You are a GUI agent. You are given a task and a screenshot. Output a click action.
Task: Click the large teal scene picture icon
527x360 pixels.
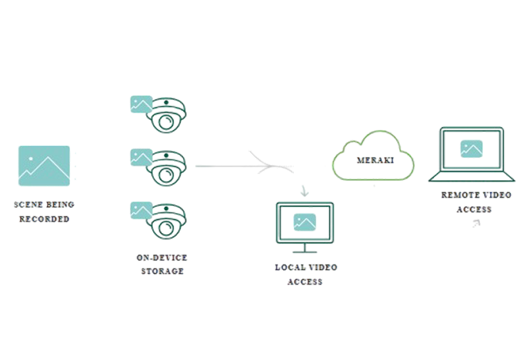click(44, 166)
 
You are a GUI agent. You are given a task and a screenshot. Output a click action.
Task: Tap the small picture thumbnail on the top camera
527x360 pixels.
click(141, 103)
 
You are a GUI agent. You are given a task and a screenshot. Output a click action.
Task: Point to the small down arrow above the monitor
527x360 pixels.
click(304, 190)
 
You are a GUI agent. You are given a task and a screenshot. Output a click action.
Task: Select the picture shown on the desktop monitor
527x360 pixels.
click(304, 222)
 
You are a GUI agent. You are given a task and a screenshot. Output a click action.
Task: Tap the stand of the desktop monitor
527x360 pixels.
click(305, 248)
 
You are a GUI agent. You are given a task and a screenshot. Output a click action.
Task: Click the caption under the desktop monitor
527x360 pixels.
click(305, 274)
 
